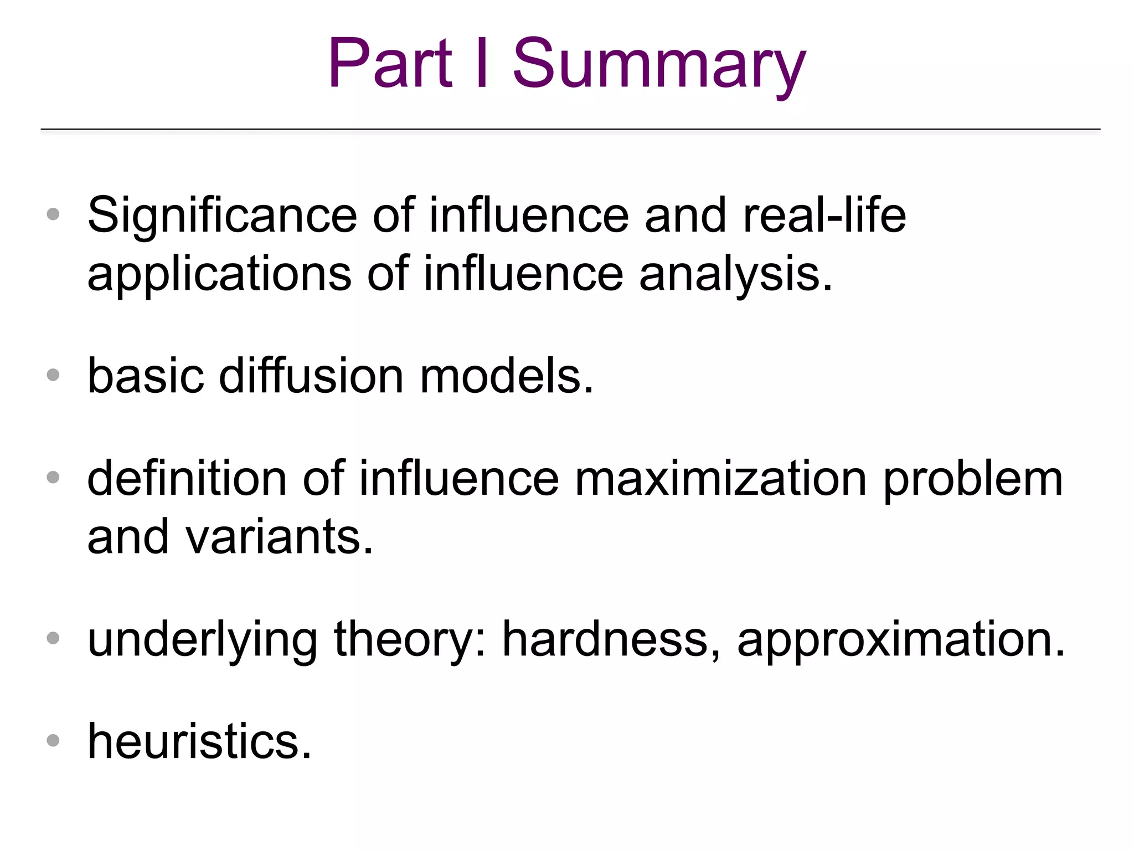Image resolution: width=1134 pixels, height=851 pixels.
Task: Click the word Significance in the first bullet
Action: coord(222,216)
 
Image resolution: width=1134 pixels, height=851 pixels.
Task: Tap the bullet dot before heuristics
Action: coord(53,741)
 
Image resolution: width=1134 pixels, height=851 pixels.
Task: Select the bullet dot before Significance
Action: coord(53,214)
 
